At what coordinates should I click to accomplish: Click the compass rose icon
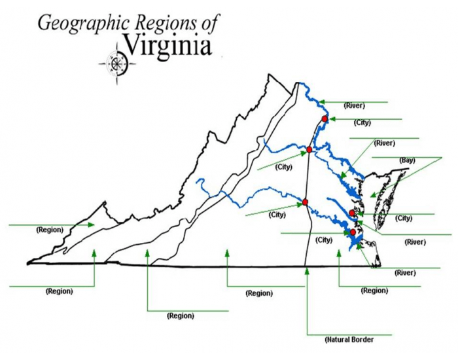(118, 63)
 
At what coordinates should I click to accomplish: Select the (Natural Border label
(349, 340)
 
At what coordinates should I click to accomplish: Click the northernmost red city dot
(325, 118)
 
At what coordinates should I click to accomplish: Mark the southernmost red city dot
(353, 232)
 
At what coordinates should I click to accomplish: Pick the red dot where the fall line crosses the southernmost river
(306, 202)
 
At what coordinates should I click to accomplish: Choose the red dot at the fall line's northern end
(309, 150)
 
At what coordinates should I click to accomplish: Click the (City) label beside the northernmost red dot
(362, 122)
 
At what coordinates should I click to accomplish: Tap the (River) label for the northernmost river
(354, 105)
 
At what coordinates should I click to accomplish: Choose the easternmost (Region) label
(375, 290)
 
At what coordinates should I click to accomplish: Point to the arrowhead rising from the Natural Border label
(306, 270)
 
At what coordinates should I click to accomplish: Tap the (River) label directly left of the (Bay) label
(384, 143)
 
